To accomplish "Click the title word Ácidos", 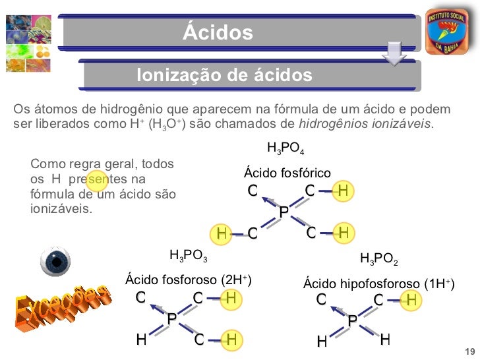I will tap(218, 32).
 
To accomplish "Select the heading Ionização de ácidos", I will tap(224, 75).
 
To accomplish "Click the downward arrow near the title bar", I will tap(394, 53).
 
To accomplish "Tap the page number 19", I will tap(469, 349).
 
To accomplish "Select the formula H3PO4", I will tap(285, 147).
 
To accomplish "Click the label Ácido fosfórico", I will tap(287, 173).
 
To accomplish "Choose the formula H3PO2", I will tap(379, 258).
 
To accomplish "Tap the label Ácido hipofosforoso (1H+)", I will tap(378, 284).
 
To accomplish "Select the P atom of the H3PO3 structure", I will tap(171, 319).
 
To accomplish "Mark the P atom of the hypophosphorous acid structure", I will tap(353, 320).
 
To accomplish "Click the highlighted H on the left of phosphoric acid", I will tap(222, 233).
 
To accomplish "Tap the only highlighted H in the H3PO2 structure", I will tap(411, 300).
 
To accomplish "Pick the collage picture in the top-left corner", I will tap(29, 41).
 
